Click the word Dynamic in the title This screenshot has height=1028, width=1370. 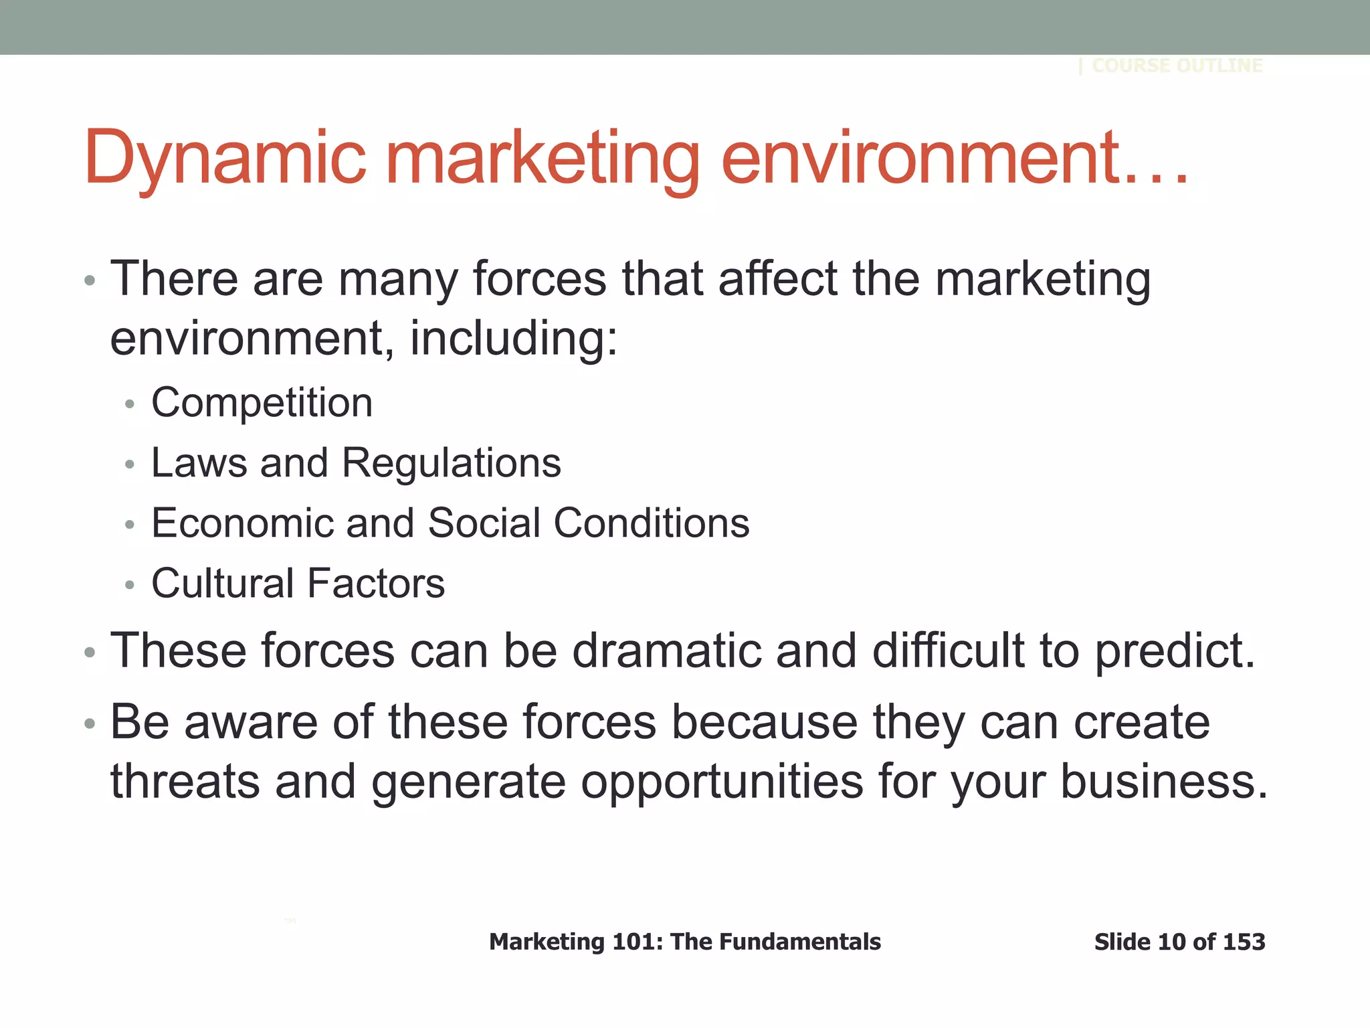[x=224, y=158]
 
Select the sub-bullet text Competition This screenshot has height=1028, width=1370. [x=262, y=403]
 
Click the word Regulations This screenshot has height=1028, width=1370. [x=451, y=463]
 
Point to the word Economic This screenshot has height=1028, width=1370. [x=241, y=523]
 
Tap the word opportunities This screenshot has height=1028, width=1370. [x=722, y=782]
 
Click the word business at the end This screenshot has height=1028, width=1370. [x=1163, y=781]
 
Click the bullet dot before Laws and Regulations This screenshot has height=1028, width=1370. [x=130, y=464]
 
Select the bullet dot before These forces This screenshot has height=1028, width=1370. [x=90, y=652]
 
